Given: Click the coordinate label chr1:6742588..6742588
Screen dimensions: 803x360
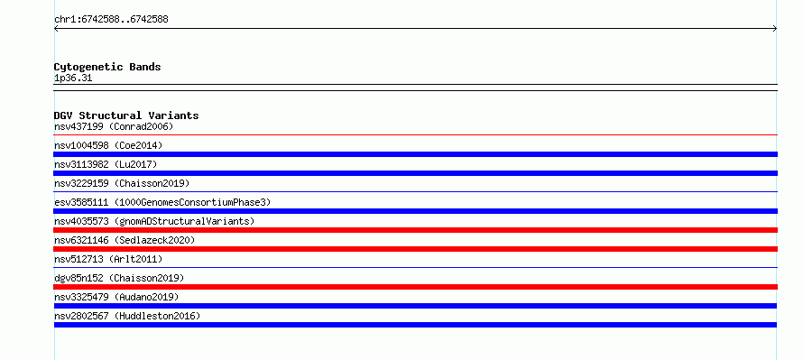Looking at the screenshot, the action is tap(111, 20).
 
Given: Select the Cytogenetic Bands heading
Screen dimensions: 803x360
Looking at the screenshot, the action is tap(107, 67).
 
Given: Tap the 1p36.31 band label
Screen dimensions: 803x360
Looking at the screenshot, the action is tap(73, 78).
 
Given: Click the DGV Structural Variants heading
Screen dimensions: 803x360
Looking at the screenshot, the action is tap(126, 115).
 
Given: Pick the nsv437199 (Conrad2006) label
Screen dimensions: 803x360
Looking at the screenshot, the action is tap(114, 126).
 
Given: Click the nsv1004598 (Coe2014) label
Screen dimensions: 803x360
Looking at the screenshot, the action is tap(108, 145).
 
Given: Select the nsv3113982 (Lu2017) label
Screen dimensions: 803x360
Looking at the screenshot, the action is tap(106, 164).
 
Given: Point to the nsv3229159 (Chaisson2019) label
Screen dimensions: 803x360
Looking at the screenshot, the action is tap(122, 183).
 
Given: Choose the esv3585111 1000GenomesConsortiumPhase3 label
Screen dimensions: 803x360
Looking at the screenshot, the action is tap(162, 202).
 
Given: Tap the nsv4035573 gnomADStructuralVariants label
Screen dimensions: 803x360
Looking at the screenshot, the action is tap(154, 221).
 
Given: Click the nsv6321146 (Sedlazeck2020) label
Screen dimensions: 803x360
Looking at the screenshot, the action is tap(125, 240).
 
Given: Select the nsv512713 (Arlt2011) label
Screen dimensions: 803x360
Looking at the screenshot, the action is tap(108, 259).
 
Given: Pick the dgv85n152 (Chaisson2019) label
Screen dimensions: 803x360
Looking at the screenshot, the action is tap(119, 278).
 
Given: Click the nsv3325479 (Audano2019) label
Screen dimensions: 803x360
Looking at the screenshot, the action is tap(116, 297).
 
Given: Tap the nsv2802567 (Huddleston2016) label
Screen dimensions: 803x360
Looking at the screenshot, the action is tap(127, 316).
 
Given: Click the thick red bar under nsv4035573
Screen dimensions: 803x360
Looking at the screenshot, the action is tap(415, 230).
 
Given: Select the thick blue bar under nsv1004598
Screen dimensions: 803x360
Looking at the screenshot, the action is tap(415, 154).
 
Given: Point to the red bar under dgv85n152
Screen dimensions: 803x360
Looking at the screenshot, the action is tap(415, 287).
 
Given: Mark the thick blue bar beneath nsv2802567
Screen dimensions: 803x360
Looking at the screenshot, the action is tap(415, 325).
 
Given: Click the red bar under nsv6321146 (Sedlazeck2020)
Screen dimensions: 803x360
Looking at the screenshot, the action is tap(415, 249).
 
